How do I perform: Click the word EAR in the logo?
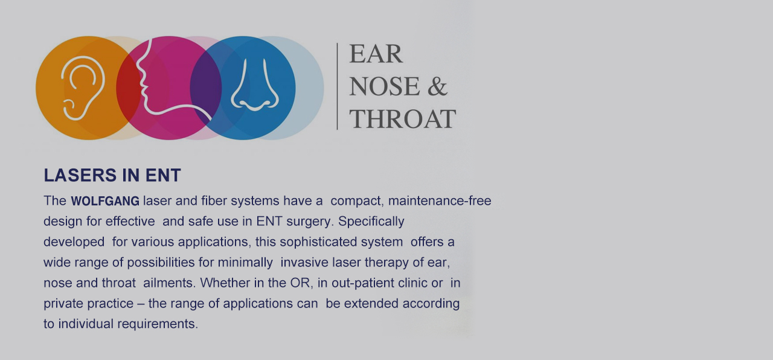coord(376,54)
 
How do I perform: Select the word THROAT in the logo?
coord(403,119)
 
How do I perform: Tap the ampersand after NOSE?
coord(437,86)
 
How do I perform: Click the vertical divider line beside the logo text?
coord(337,86)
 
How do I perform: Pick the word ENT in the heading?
coord(163,175)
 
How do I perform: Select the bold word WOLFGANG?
coord(105,201)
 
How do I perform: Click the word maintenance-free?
coord(440,201)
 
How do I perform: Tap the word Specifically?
coord(371,221)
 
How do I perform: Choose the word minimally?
coord(245,262)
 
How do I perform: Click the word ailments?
coord(169,283)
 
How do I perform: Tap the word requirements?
coord(158,324)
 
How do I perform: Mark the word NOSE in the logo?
coord(385,86)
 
